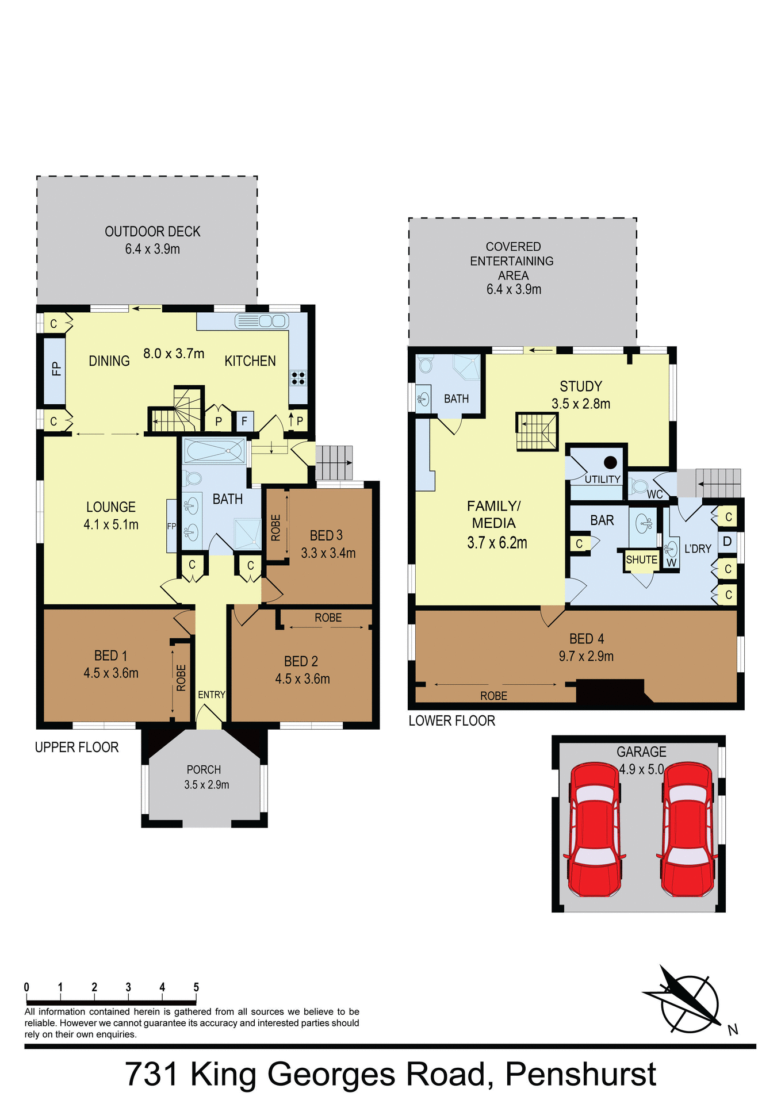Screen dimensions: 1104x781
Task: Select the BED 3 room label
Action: (326, 535)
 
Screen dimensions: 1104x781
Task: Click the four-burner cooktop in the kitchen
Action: (298, 378)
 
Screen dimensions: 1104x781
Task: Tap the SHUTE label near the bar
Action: (641, 559)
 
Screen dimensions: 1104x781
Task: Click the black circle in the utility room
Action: (610, 462)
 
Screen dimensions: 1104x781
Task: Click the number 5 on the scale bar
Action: (196, 987)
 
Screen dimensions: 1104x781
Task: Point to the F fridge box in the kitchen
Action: (244, 421)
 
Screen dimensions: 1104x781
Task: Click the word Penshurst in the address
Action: (580, 1074)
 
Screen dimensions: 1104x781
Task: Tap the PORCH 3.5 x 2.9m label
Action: (206, 777)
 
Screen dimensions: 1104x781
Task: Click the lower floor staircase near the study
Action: (537, 432)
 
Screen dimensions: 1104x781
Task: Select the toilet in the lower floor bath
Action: (426, 365)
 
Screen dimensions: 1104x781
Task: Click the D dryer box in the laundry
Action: (727, 541)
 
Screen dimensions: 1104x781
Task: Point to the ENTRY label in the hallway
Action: (211, 695)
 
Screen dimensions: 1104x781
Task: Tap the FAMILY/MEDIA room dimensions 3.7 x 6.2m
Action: (497, 543)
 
